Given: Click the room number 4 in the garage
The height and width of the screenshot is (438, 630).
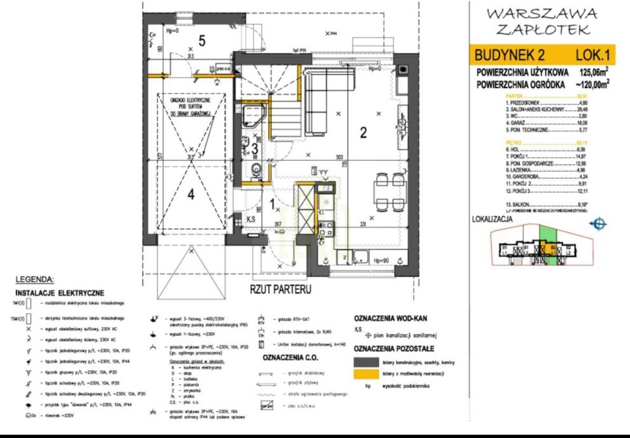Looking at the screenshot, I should (191, 195).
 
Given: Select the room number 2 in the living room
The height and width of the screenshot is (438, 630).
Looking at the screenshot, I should (362, 132).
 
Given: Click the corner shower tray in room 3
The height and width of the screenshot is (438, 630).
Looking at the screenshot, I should (255, 113).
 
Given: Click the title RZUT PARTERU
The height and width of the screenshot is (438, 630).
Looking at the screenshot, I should (281, 289).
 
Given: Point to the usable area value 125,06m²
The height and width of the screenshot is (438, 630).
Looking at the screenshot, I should (594, 71).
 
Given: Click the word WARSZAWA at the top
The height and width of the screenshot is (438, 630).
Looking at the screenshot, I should (541, 13).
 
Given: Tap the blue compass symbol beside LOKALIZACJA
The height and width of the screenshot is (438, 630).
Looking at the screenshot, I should (598, 225).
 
